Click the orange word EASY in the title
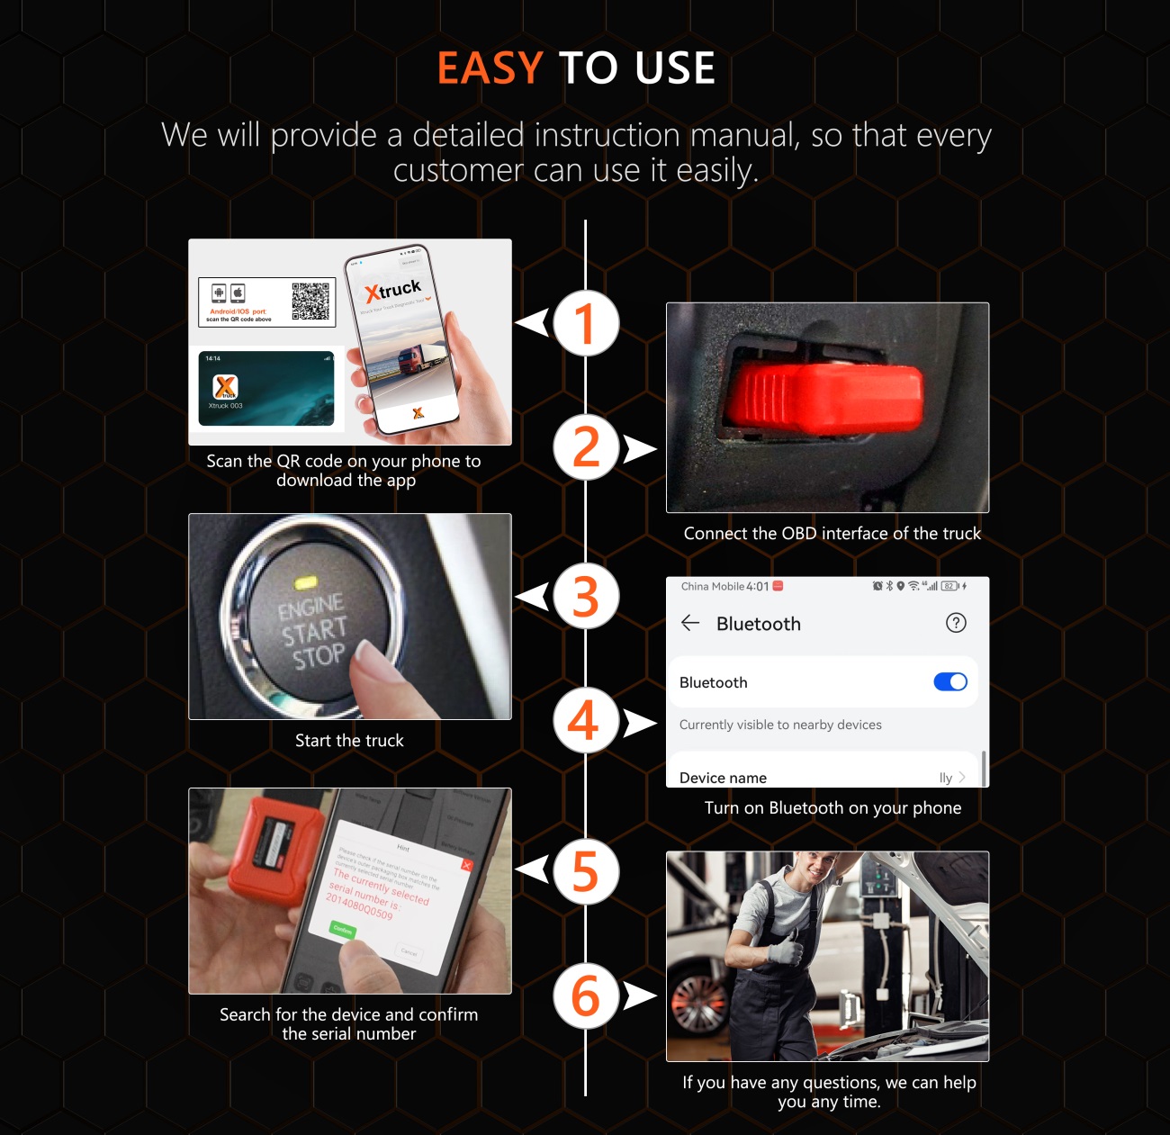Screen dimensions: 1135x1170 (490, 68)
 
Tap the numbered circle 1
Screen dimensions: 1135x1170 (586, 323)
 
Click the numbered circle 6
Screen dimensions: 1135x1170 (586, 995)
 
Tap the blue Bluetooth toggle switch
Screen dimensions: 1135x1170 (950, 682)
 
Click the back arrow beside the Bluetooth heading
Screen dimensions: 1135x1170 (690, 623)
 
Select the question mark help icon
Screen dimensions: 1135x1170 (956, 623)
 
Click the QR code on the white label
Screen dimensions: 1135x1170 (310, 302)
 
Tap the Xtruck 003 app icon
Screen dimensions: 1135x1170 (225, 387)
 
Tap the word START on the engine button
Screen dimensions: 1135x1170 (313, 631)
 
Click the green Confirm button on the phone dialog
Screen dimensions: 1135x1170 (343, 930)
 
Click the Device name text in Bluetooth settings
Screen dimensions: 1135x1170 (723, 778)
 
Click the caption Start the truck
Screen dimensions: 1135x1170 (349, 741)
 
